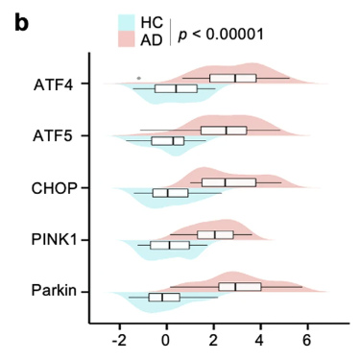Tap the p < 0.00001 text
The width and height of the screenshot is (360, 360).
pos(221,34)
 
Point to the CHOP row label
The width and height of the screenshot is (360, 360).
pos(55,187)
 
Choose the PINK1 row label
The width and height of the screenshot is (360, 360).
pos(55,239)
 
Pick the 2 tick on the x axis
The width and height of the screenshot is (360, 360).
pos(213,338)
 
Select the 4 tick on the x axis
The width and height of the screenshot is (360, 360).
pos(260,338)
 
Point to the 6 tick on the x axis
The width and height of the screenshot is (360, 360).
pos(307,338)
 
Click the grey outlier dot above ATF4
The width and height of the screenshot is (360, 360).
pos(139,78)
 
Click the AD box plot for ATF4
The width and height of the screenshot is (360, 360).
pos(233,78)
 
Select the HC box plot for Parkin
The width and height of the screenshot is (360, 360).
pos(163,298)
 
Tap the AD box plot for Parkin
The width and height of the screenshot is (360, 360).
pos(240,286)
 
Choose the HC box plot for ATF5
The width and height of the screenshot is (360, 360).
pos(167,141)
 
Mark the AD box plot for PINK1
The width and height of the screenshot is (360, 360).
pos(215,234)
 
